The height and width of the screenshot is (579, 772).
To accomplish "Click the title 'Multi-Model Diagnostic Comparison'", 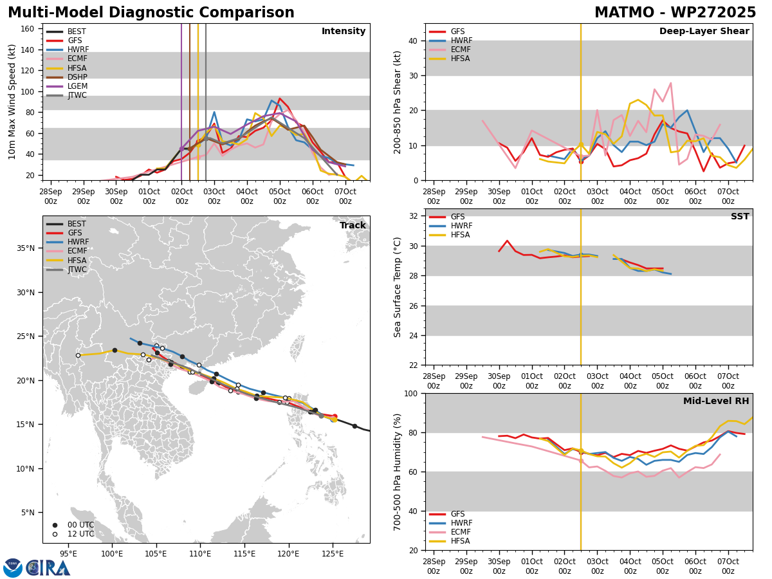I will coord(151,13).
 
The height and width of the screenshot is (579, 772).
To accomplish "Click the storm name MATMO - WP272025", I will coord(675,13).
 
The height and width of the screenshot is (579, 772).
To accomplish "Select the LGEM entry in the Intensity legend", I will coord(77,86).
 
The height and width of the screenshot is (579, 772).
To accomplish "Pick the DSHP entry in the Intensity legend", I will coord(77,77).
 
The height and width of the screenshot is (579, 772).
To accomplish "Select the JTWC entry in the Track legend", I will coord(77,269).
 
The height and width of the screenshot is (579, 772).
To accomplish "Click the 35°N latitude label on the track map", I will coord(26,248).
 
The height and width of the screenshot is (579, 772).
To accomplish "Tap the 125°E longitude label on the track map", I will coord(333,553).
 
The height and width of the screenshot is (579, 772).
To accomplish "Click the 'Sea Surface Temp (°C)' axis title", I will coord(398,287).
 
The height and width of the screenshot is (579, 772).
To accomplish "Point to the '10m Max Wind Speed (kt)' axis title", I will coord(12,102).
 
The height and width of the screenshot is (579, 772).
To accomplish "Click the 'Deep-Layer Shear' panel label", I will coord(704,32).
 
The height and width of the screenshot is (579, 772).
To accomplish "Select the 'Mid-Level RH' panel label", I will coord(715,401).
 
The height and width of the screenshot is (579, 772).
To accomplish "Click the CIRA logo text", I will coord(48,568).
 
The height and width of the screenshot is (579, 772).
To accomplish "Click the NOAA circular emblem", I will coord(13,568).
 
